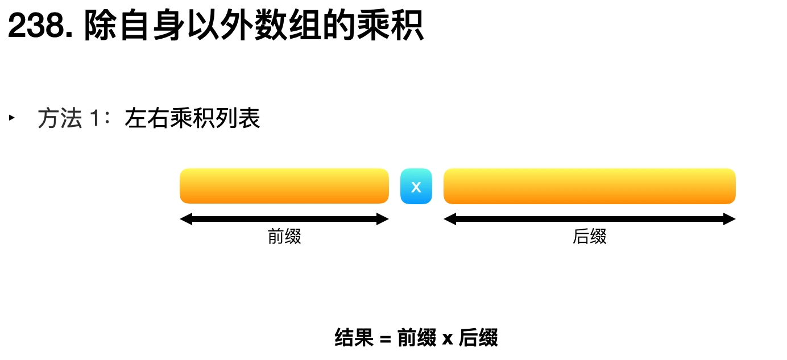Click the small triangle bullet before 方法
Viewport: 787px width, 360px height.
point(11,118)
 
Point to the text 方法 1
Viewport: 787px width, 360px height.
point(69,119)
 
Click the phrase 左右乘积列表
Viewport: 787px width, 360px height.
point(192,119)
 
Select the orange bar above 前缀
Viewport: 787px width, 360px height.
point(284,186)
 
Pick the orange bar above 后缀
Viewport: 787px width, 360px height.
point(589,186)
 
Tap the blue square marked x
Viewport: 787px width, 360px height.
point(416,187)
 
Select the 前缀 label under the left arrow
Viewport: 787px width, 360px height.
point(284,236)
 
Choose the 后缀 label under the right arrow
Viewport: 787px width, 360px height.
point(589,236)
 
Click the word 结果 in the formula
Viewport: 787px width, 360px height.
point(354,338)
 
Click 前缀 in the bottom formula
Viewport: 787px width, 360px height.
point(416,338)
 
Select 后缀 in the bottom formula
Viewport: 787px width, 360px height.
point(478,338)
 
